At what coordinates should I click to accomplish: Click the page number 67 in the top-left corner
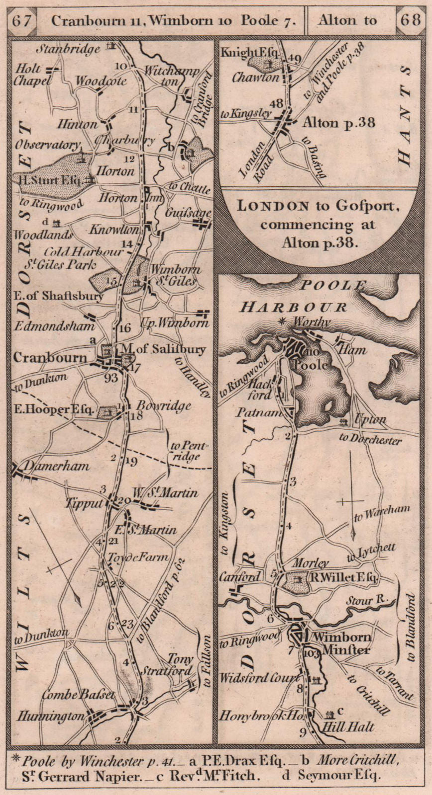coord(23,20)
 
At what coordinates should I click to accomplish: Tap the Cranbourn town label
coord(50,357)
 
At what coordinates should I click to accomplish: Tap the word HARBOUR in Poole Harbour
coord(294,307)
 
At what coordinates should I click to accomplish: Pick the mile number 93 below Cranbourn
coord(111,378)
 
